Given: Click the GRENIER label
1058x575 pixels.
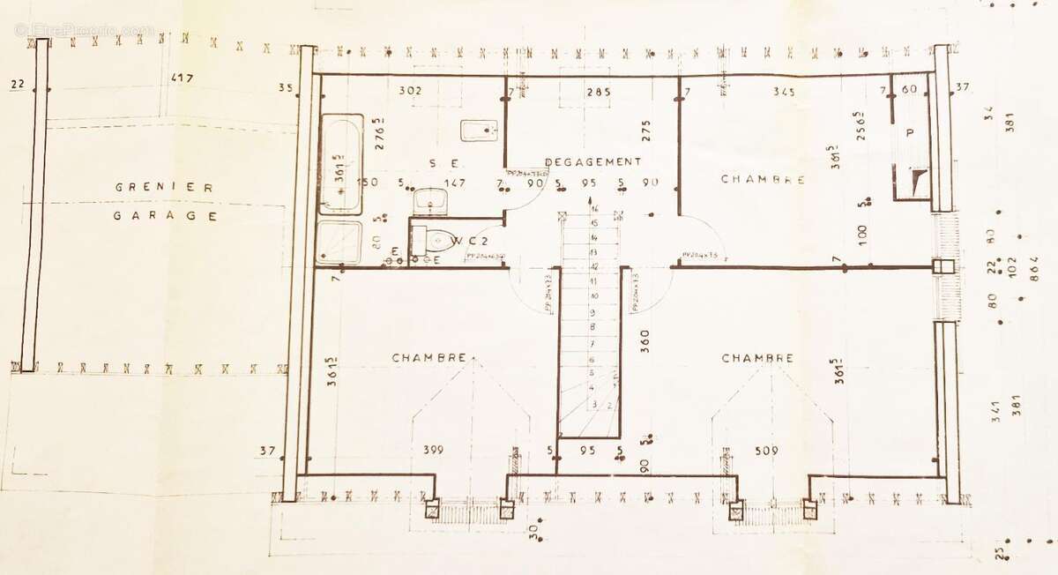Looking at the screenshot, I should click(166, 187).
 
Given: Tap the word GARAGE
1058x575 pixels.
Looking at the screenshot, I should click(166, 214).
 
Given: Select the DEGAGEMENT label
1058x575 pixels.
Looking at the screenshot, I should click(592, 161).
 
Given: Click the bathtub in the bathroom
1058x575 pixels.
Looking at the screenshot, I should click(340, 164).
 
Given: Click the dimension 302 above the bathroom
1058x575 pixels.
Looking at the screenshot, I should click(410, 90).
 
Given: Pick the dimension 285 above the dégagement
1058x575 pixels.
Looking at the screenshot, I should click(599, 91).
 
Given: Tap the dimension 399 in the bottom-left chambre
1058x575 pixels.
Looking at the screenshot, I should click(433, 451).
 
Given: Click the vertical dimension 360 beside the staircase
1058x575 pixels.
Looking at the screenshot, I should click(644, 341).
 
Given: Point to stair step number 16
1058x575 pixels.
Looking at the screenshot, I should click(595, 209).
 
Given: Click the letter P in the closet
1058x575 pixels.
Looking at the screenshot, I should click(909, 131).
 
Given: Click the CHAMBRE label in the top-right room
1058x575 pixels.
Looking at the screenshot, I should click(763, 179).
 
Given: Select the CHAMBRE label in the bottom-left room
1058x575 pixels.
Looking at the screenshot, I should click(428, 358).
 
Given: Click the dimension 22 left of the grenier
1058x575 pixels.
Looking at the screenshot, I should click(17, 85).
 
